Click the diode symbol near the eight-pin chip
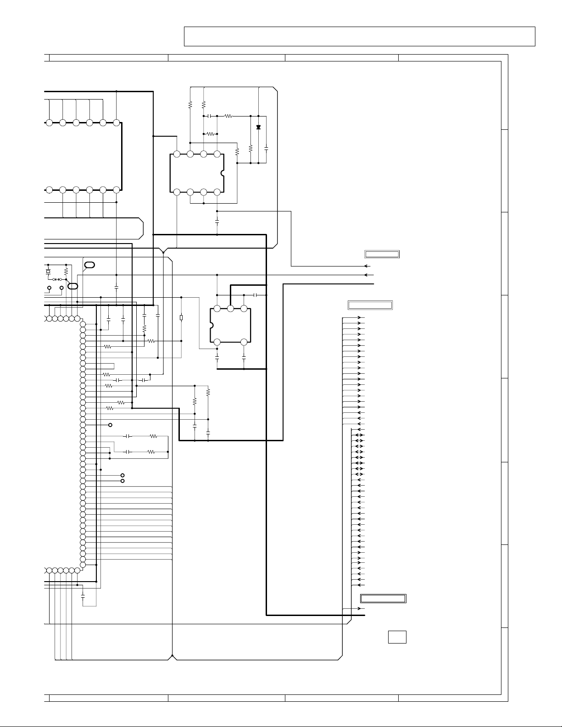[258, 127]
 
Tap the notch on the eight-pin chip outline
[223, 173]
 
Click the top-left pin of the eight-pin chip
[177, 154]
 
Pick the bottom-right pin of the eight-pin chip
[217, 192]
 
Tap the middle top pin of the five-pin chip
[230, 309]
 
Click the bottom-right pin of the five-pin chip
[244, 342]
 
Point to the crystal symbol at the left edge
[48, 272]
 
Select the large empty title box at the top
[359, 36]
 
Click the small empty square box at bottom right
[397, 637]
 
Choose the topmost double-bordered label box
[382, 254]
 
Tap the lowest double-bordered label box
[383, 598]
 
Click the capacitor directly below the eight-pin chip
[217, 222]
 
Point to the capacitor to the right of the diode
[266, 150]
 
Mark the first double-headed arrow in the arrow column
[358, 435]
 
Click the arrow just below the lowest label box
[361, 609]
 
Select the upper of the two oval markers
[90, 265]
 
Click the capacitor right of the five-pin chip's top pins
[257, 294]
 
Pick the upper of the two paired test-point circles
[122, 475]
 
